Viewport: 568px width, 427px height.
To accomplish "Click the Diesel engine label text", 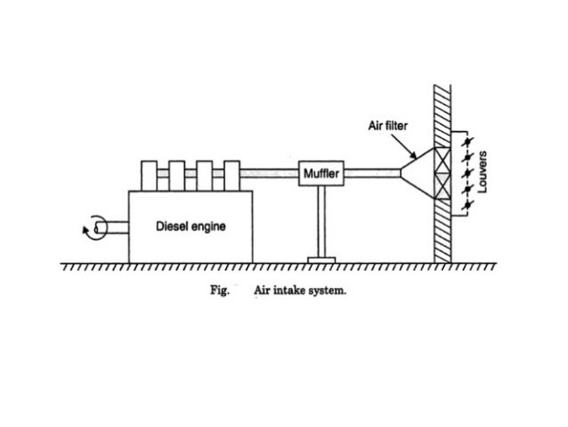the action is (x=191, y=226).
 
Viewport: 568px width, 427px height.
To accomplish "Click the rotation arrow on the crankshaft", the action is (x=89, y=230).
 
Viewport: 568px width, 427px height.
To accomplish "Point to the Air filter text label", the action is (x=388, y=127).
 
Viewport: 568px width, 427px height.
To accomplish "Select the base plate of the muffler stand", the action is (x=320, y=259).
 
